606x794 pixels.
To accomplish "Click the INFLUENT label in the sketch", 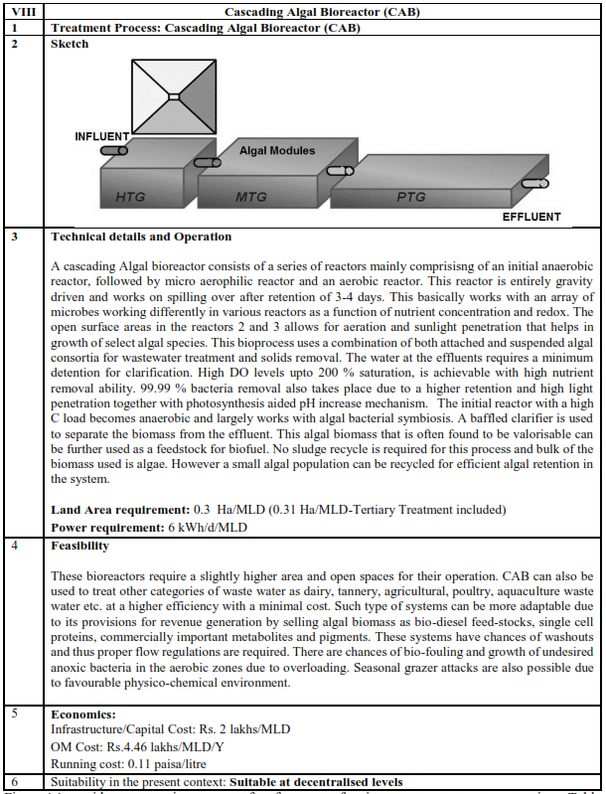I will (102, 136).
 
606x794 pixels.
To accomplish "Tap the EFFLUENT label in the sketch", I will (525, 217).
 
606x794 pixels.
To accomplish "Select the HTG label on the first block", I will (130, 197).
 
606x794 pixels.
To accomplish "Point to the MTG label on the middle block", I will (251, 197).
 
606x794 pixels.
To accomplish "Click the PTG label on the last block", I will (410, 197).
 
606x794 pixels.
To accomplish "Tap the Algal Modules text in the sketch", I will (277, 151).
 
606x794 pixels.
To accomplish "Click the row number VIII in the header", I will (24, 12).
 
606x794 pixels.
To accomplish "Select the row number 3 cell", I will (14, 237).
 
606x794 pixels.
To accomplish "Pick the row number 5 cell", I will (14, 714).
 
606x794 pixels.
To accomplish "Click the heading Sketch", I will (70, 44).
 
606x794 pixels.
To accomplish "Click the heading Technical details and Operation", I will (141, 237).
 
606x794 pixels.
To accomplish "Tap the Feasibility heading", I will (79, 547).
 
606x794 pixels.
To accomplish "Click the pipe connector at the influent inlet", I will (114, 150).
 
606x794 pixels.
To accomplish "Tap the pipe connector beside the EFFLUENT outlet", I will (537, 185).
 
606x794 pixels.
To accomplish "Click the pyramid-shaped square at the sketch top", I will (172, 95).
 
